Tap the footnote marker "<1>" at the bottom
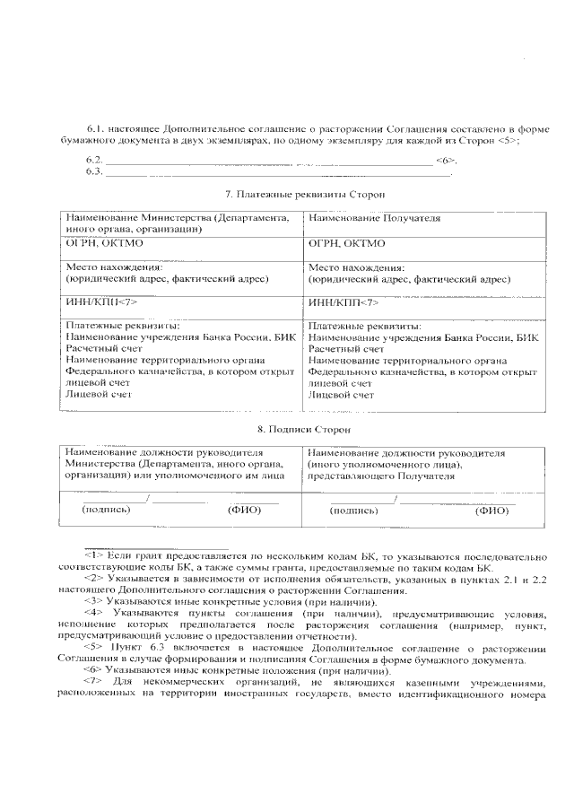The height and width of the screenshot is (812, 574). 94,556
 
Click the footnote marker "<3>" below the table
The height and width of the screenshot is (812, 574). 94,600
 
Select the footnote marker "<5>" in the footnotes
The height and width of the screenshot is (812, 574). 94,646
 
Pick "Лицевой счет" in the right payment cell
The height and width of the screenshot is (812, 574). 341,394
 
